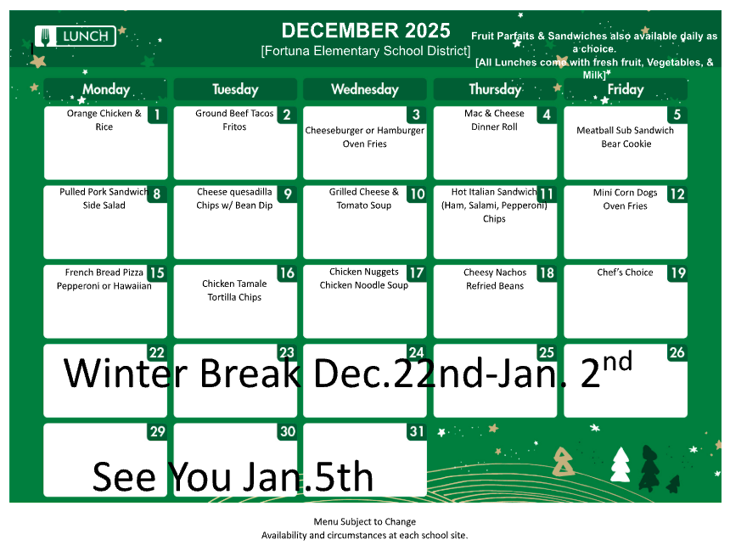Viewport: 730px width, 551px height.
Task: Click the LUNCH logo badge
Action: [x=76, y=36]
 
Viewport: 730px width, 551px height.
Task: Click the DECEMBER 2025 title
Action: [x=366, y=31]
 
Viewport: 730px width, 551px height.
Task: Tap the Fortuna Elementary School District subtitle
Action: [x=366, y=51]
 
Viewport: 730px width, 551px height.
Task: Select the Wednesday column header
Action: [x=364, y=89]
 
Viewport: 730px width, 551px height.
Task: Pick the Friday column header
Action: [x=626, y=89]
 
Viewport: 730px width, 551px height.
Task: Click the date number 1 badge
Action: [x=157, y=115]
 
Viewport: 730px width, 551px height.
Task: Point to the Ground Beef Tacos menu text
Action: [x=234, y=114]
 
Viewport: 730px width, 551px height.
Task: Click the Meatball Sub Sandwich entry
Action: [x=625, y=131]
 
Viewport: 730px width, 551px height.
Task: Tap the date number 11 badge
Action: [x=547, y=194]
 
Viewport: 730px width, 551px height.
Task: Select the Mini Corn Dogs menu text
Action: [x=625, y=193]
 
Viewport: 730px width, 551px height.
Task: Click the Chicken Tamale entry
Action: [x=234, y=284]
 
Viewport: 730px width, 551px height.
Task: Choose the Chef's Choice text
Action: [x=625, y=273]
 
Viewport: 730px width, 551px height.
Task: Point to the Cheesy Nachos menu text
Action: [x=495, y=273]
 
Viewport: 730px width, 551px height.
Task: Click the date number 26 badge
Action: [x=677, y=353]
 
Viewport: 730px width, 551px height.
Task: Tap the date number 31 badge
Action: [x=416, y=432]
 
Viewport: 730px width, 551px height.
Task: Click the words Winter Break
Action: [x=182, y=374]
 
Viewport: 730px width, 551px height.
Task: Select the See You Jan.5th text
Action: [x=233, y=477]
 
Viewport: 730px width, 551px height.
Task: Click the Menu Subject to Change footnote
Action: [x=365, y=521]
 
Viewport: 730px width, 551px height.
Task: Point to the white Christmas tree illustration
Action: [x=620, y=464]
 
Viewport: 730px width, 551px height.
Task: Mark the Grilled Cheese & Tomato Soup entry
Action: [x=364, y=199]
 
